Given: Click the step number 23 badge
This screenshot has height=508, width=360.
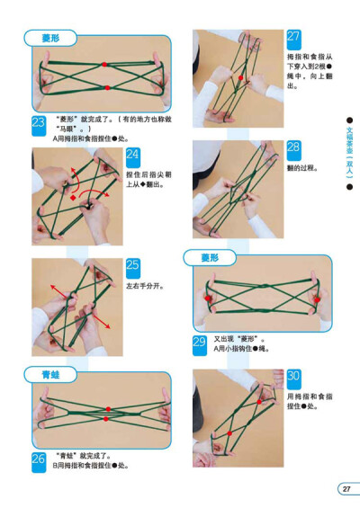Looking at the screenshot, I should [x=39, y=124].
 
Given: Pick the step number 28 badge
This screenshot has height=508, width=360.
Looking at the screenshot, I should [x=293, y=147].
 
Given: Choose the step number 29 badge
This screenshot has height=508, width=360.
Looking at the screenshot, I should [x=200, y=341].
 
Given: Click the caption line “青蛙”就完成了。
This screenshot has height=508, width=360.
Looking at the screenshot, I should [x=85, y=455].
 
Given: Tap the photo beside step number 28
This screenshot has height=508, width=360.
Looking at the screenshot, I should [x=237, y=189].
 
